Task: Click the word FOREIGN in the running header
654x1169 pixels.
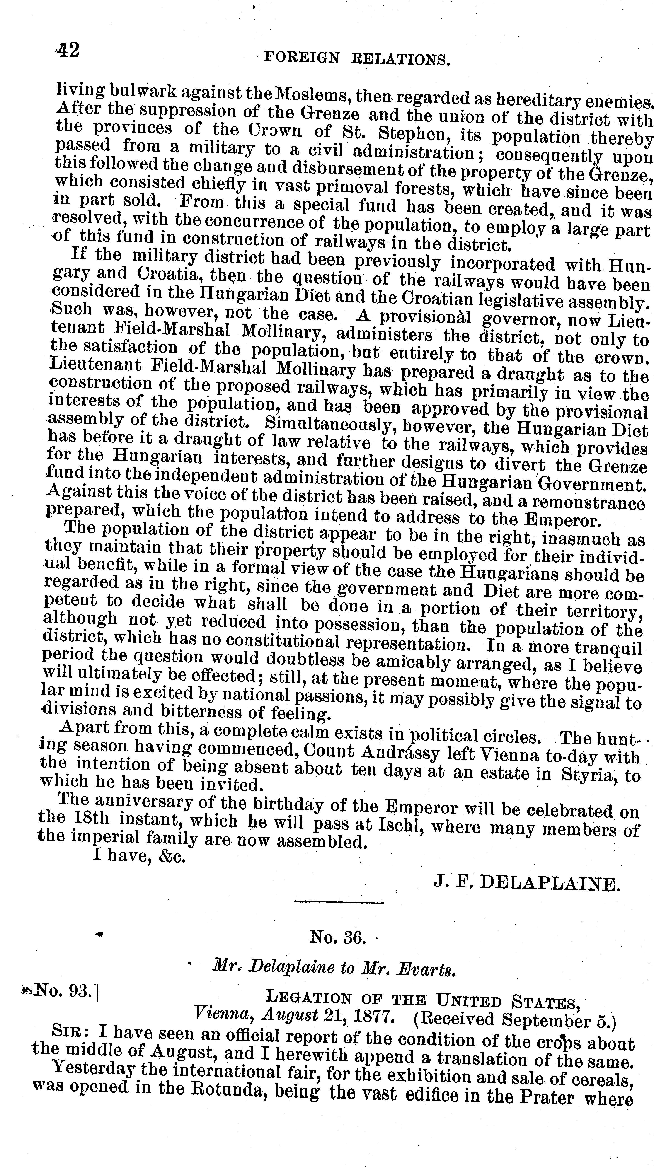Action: click(x=301, y=58)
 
